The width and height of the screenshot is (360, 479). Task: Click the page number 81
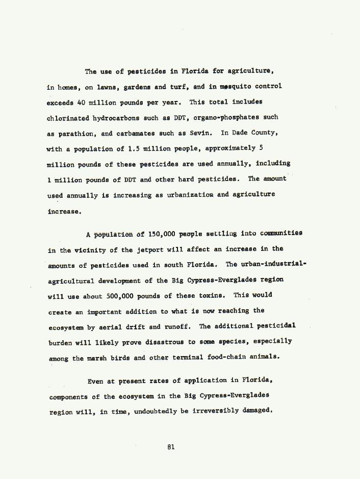[x=171, y=447]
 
